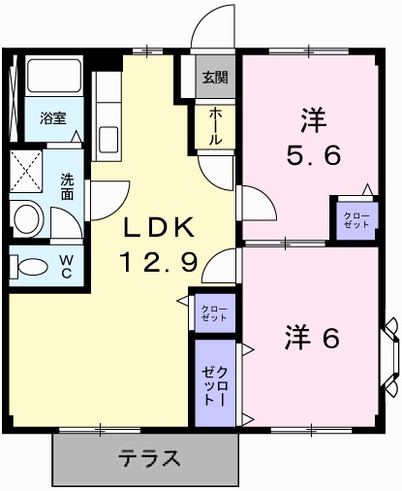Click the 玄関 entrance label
click(x=215, y=77)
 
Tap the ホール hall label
click(x=215, y=126)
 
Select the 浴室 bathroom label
click(x=53, y=118)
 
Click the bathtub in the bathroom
click(x=53, y=76)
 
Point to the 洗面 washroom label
click(x=67, y=187)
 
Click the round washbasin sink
click(x=27, y=218)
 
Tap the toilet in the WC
click(x=29, y=267)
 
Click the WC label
click(x=66, y=267)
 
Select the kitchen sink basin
click(x=108, y=140)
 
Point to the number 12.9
click(x=159, y=262)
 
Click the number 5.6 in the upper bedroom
click(x=314, y=154)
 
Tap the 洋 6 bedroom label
click(x=312, y=338)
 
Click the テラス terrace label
click(x=148, y=458)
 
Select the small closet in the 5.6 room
click(x=356, y=220)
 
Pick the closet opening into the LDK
click(x=215, y=312)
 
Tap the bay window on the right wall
click(x=391, y=357)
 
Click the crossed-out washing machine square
click(x=26, y=171)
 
